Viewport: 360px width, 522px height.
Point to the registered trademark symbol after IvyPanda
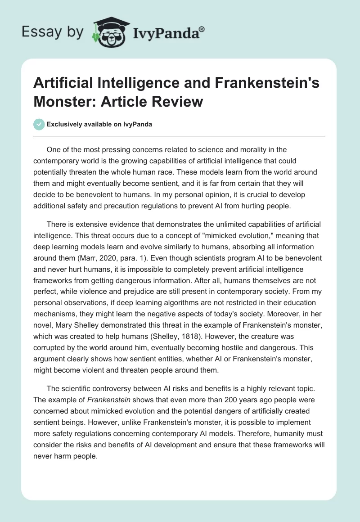[x=202, y=29]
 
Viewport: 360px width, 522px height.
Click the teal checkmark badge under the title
[x=40, y=124]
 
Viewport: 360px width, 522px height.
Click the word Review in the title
[x=178, y=102]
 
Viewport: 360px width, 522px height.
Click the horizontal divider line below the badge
[x=180, y=136]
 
